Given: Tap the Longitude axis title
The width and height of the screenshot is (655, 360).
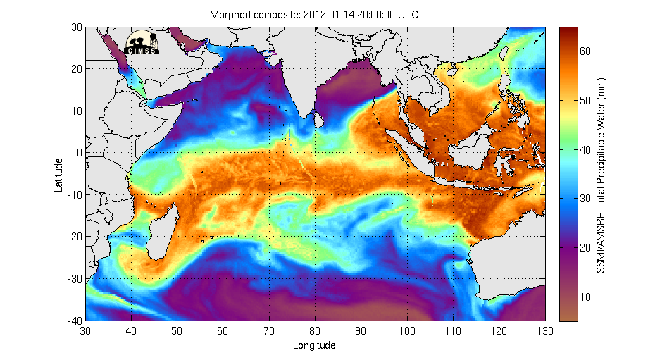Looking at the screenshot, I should tap(314, 345).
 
